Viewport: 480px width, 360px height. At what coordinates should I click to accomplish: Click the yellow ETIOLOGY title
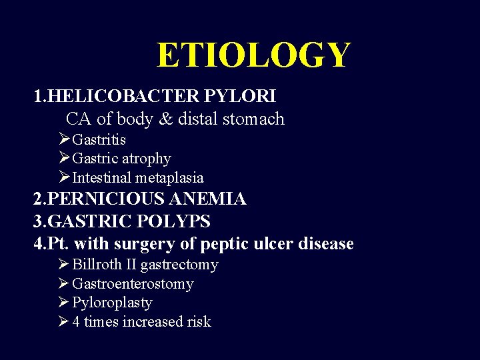click(x=253, y=55)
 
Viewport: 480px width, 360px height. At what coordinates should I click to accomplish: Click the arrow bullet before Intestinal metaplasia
click(x=64, y=177)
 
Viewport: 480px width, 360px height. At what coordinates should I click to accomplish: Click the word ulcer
click(x=275, y=244)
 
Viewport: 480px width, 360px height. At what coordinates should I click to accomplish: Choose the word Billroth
click(x=97, y=265)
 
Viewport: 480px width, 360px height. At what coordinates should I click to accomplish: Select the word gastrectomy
click(x=179, y=265)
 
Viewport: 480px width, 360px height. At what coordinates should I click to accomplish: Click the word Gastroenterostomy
click(x=132, y=284)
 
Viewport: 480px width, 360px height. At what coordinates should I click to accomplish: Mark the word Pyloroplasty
click(x=112, y=303)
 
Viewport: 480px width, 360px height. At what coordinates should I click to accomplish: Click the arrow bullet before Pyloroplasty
click(x=64, y=303)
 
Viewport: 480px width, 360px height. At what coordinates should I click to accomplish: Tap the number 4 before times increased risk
click(x=76, y=322)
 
